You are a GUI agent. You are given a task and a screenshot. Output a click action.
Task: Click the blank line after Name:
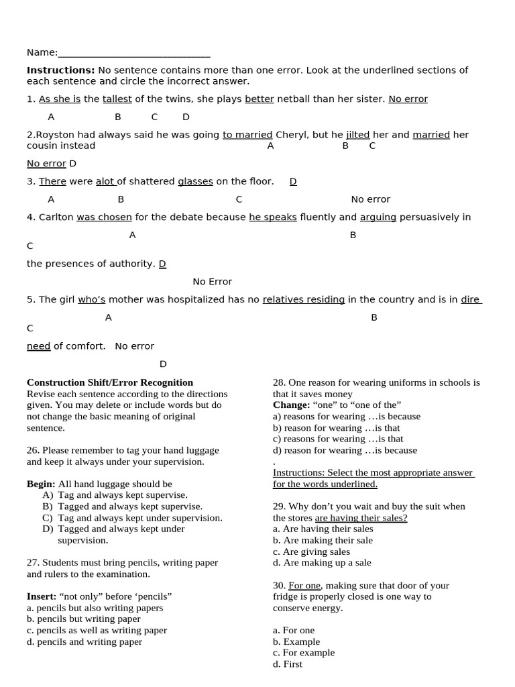click(134, 53)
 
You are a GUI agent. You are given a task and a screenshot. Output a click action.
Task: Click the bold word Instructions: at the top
click(60, 70)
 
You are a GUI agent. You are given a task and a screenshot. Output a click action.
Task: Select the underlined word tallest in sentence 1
click(117, 99)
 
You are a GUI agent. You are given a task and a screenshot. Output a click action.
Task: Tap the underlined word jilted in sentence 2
click(357, 134)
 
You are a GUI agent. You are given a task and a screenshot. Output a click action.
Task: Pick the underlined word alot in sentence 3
click(105, 181)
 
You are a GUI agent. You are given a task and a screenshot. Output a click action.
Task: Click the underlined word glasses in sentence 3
click(195, 181)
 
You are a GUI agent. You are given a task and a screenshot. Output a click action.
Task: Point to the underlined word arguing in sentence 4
click(378, 217)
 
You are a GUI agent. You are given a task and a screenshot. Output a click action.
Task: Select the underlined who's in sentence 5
click(91, 299)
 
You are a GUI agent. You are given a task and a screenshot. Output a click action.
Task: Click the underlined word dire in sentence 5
click(471, 299)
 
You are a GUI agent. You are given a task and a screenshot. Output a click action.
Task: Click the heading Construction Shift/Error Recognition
click(110, 382)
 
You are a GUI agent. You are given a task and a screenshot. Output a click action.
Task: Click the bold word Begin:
click(41, 484)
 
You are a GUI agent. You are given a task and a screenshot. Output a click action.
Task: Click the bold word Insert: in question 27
click(42, 596)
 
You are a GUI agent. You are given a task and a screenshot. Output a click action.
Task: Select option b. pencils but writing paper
click(84, 619)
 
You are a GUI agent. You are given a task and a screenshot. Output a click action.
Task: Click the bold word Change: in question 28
click(291, 405)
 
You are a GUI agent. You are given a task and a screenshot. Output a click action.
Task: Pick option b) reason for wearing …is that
click(336, 427)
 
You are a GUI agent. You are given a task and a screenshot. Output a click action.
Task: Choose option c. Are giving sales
click(311, 551)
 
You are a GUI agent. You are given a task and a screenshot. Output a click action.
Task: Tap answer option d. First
click(288, 664)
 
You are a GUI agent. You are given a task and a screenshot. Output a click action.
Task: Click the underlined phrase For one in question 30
click(304, 586)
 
